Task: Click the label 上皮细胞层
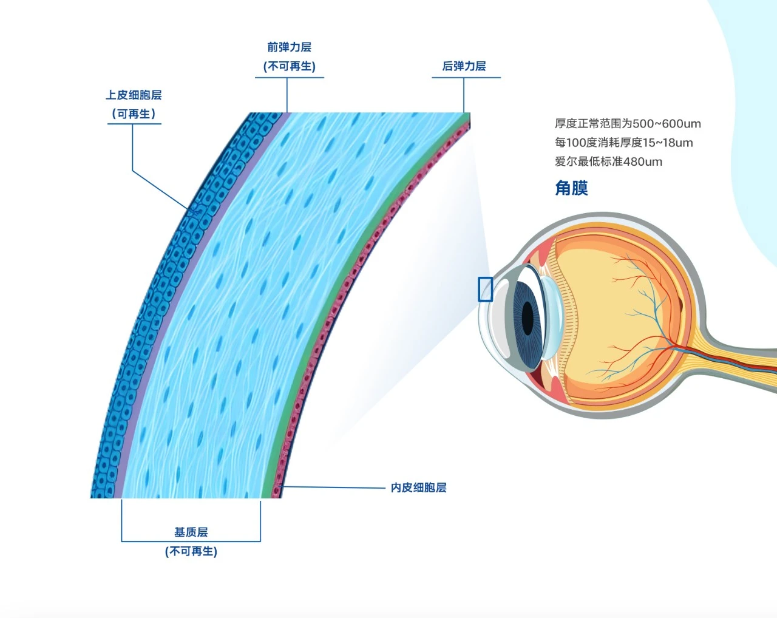pos(134,95)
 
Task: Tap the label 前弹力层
pos(289,47)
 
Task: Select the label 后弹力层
pos(464,66)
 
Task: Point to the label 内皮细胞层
pos(418,487)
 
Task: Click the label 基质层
pos(191,532)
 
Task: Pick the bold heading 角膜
pos(572,188)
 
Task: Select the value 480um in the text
pos(643,161)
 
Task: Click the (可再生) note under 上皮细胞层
pos(134,114)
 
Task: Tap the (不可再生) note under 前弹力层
pos(289,66)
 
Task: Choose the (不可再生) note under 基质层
pos(191,552)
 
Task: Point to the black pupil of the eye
pos(528,318)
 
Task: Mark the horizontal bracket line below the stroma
pos(191,541)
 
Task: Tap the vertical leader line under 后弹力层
pos(464,95)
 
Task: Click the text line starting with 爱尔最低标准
pos(608,161)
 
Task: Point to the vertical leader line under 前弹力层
pos(287,95)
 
